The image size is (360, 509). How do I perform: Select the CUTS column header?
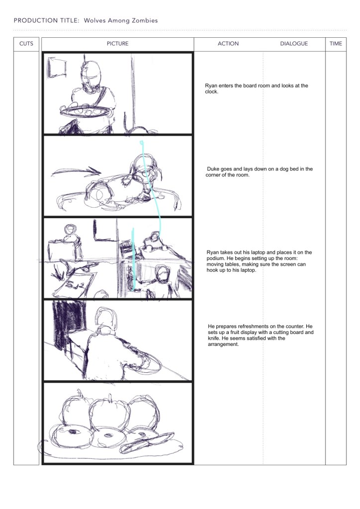26,44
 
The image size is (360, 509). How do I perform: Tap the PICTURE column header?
117,44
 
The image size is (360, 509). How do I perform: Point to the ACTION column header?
228,44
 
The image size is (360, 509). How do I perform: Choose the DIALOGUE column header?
294,44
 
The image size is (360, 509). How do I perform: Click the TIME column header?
336,44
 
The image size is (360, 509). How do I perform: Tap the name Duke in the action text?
213,169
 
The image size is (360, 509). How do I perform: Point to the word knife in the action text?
214,338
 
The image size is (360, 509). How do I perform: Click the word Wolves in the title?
94,20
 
